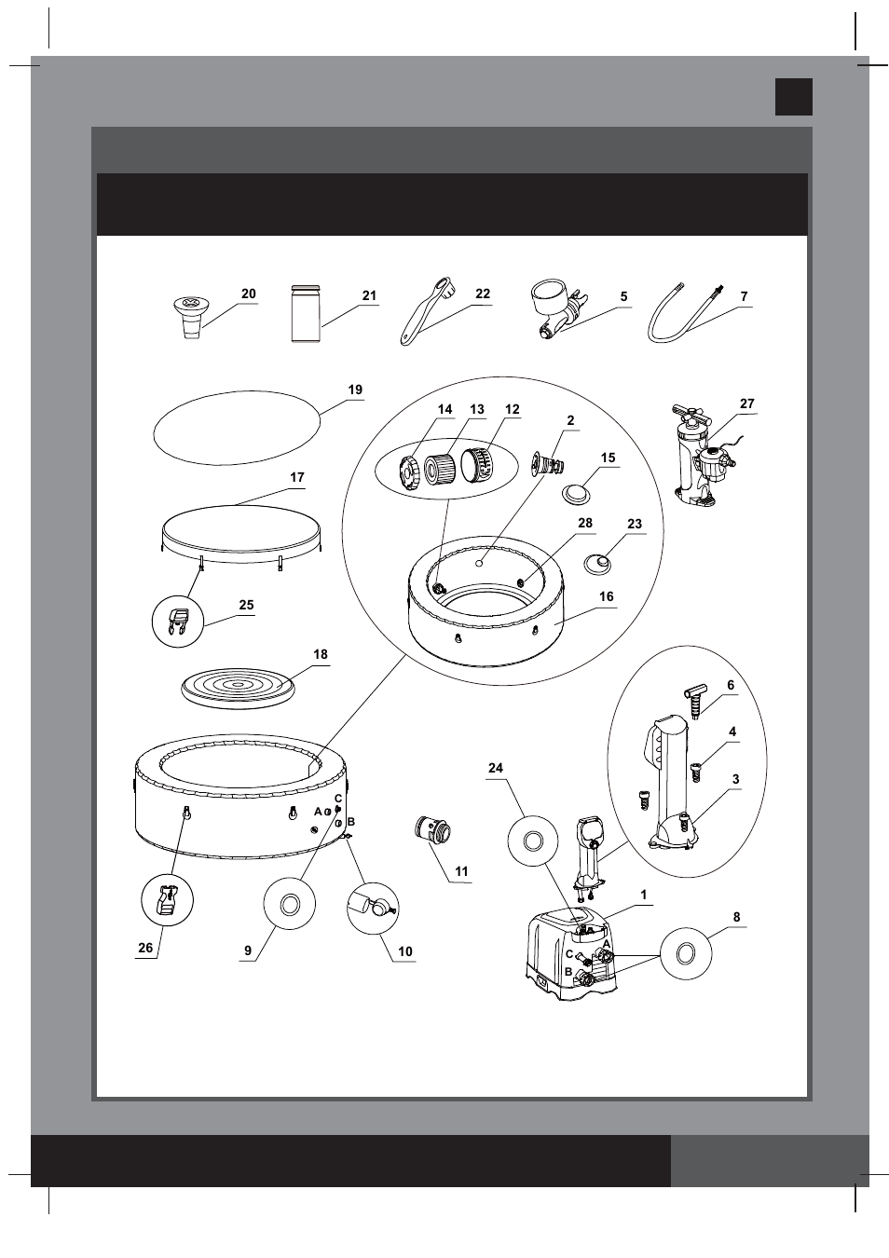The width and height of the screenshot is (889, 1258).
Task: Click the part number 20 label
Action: (x=248, y=294)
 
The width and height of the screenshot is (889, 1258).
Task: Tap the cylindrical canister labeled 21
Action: (x=305, y=314)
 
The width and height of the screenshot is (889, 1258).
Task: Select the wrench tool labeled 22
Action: (x=425, y=311)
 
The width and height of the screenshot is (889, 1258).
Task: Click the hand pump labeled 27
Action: (x=701, y=457)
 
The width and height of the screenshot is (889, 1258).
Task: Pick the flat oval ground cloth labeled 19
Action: (x=237, y=427)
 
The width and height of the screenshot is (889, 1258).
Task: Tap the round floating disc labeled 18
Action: (x=237, y=688)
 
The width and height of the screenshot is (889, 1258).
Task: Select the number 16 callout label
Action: (x=606, y=596)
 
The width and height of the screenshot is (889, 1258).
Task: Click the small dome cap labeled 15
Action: (x=578, y=492)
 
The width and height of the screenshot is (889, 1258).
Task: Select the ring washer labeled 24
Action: (x=533, y=841)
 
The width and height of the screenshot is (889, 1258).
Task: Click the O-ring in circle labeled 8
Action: (x=686, y=953)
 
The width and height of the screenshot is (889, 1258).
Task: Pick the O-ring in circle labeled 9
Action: (x=290, y=904)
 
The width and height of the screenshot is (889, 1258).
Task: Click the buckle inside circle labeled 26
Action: (x=168, y=901)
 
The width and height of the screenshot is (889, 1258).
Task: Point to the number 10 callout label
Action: (x=404, y=951)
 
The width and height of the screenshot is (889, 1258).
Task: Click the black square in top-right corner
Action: (x=793, y=97)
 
